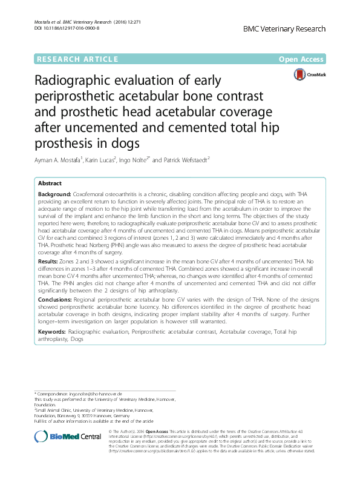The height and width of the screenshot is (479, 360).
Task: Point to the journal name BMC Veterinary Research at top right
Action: coord(284,28)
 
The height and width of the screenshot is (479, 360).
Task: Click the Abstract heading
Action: coord(50,183)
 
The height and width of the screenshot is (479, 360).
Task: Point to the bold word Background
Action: coord(53,193)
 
